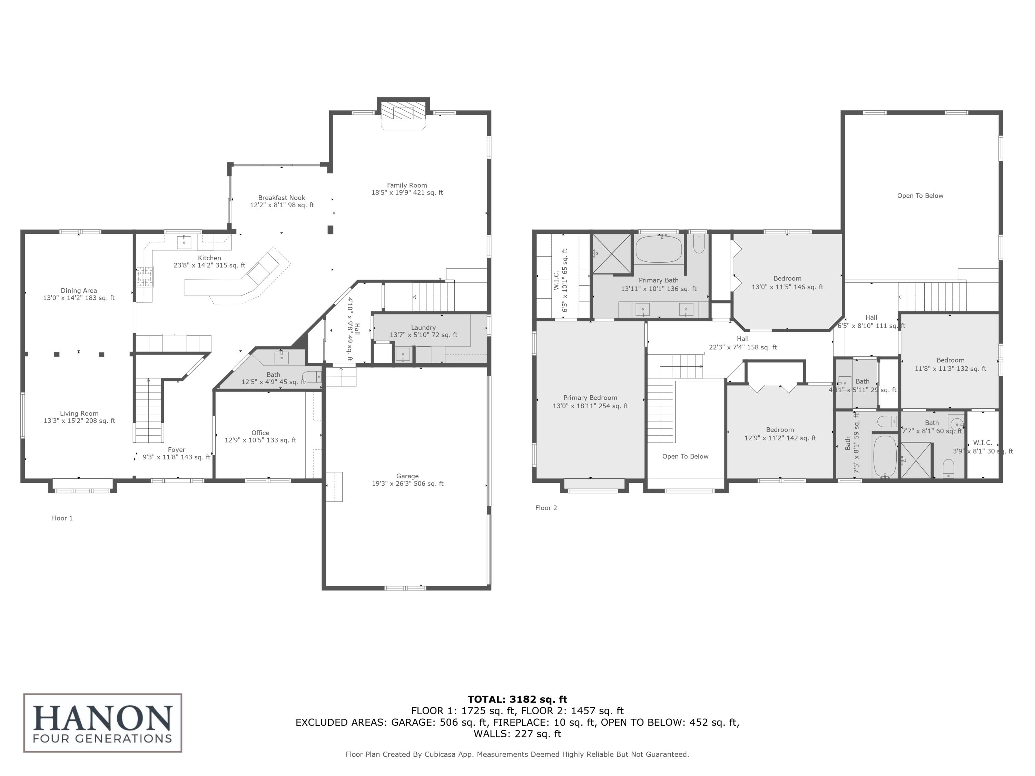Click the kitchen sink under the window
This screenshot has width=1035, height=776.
pos(184,242)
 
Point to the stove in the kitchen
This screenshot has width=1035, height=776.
pos(145,276)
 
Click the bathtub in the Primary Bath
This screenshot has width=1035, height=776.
pos(658,249)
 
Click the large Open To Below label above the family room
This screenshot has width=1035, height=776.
pos(920,196)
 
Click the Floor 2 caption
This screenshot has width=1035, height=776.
pos(546,508)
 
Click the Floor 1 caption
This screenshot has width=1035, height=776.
pos(62,518)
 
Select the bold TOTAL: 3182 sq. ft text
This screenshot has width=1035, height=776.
pos(517,699)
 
